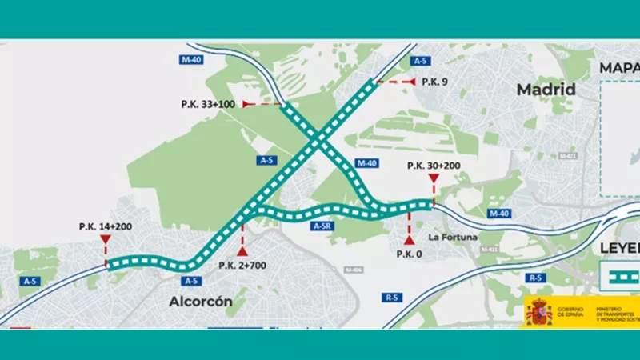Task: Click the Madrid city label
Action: (x=546, y=89)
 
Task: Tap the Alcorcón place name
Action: (x=201, y=302)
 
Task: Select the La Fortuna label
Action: (x=453, y=237)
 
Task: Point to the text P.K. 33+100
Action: (x=208, y=104)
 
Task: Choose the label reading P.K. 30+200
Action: (x=434, y=166)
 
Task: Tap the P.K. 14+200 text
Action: (x=106, y=227)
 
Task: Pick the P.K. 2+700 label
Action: (x=243, y=266)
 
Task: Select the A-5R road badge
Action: (x=322, y=226)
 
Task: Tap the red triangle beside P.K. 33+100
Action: (x=246, y=104)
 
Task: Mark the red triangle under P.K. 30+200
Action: (x=433, y=178)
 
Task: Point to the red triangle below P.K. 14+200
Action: (x=106, y=239)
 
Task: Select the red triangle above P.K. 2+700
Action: (x=242, y=252)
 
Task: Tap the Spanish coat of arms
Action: (x=538, y=313)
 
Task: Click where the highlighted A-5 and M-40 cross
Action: (x=318, y=139)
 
